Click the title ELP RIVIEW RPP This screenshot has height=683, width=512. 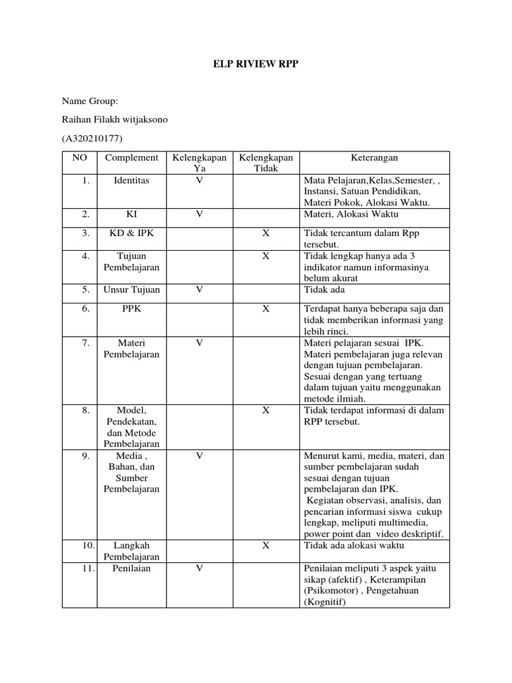256,64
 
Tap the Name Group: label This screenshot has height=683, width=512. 89,101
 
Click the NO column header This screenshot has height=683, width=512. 79,158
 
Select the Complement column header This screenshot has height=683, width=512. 131,158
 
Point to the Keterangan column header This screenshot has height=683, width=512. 374,158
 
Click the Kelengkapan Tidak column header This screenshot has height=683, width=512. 265,163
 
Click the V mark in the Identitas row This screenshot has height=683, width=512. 199,181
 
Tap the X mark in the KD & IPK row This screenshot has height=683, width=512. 265,233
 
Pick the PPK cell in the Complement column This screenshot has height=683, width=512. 131,309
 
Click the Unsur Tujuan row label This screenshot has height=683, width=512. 131,290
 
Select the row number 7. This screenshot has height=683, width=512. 85,343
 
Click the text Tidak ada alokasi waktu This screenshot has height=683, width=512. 354,545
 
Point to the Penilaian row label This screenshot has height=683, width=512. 131,568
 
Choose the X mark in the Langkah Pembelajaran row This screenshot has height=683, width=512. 265,545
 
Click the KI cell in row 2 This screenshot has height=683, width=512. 131,214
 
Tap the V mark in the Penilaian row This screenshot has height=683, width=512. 199,568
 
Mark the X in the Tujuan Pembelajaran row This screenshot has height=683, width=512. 265,256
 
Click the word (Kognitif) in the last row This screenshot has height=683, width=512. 325,602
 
